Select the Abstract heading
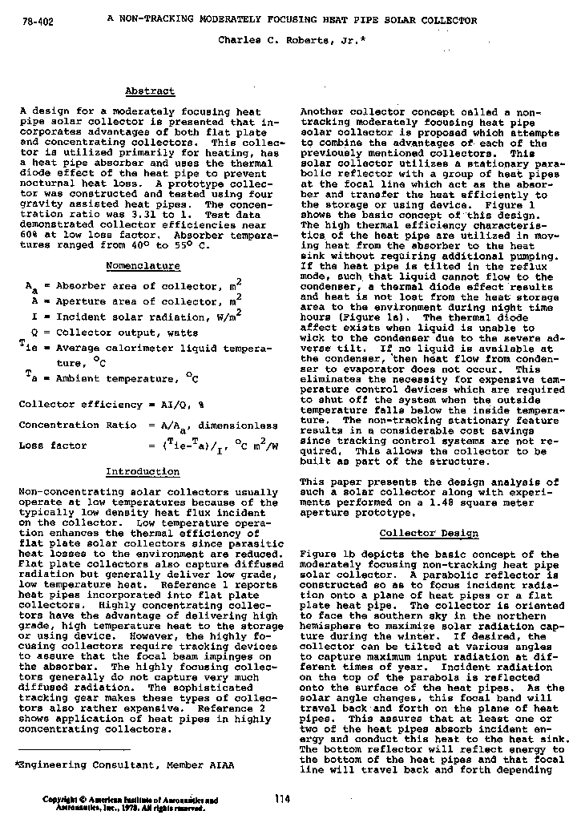[x=150, y=91]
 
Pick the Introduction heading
[x=143, y=471]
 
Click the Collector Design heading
[x=429, y=533]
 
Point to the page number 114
[x=282, y=798]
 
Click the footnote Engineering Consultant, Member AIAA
[x=125, y=765]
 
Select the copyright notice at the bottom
[x=131, y=804]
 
